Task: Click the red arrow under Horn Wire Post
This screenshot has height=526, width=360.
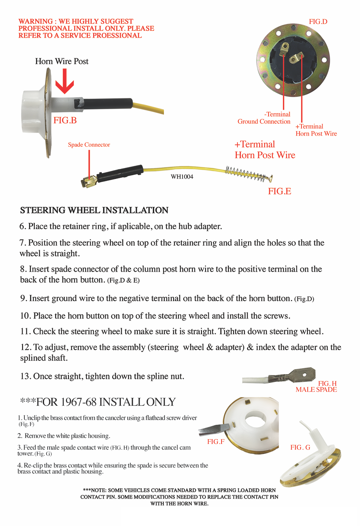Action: point(64,81)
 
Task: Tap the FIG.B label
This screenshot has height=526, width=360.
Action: point(65,120)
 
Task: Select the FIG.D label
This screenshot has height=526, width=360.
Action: point(318,21)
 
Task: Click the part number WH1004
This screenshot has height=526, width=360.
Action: point(182,177)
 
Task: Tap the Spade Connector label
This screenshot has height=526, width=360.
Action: point(89,145)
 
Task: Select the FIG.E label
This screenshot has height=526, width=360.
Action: point(280,191)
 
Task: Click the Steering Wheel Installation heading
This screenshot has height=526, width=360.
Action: point(94,210)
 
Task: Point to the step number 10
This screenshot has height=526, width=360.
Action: point(25,316)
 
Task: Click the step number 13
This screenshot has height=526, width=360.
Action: point(25,376)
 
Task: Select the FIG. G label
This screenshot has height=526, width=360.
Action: point(300,447)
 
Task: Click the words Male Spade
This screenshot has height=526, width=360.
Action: point(316,390)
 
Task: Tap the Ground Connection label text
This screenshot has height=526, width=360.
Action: point(264,121)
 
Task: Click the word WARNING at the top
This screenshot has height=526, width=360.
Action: point(36,21)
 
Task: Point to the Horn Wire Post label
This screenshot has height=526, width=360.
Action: point(62,61)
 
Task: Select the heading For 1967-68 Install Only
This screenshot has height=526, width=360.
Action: point(98,402)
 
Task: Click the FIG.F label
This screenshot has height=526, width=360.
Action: point(216,442)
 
